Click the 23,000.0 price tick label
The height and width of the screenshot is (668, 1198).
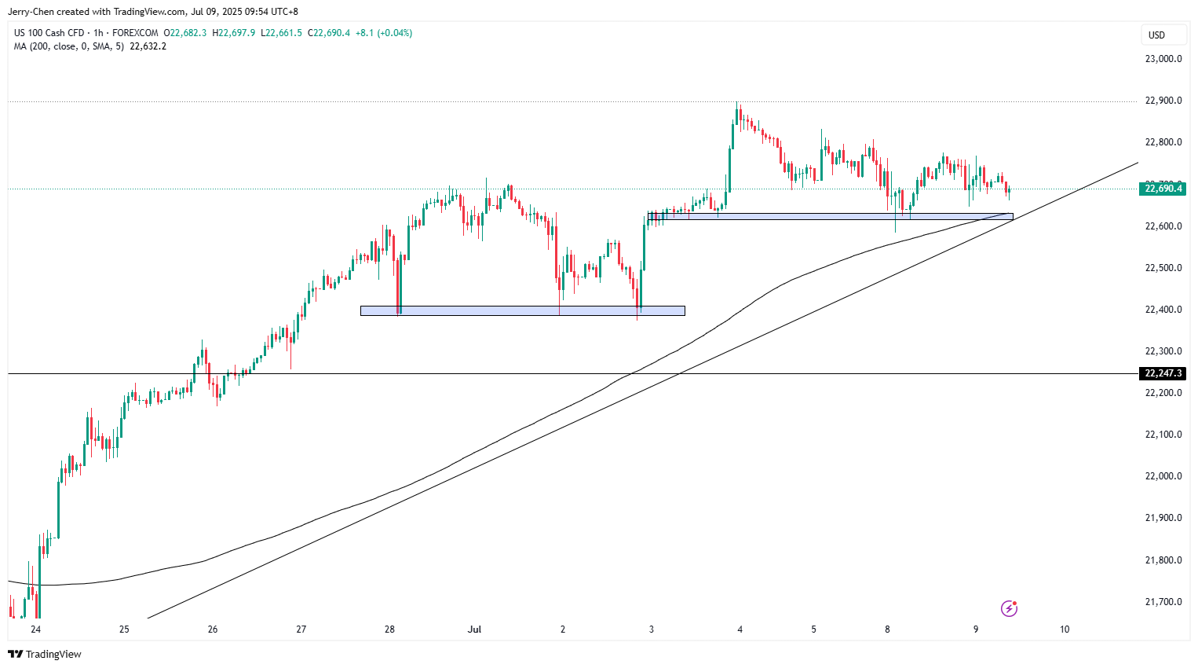click(1163, 59)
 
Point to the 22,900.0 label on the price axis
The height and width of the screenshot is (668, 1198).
click(1163, 101)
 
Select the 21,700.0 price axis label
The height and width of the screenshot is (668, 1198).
click(1163, 602)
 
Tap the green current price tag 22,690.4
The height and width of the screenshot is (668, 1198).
click(1163, 189)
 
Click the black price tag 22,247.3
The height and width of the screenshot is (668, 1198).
click(1163, 373)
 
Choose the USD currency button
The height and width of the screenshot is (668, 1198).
click(1156, 35)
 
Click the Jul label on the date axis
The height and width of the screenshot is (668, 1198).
click(474, 629)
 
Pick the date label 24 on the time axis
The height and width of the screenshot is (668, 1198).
click(35, 629)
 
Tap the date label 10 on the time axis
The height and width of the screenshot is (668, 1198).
click(1065, 629)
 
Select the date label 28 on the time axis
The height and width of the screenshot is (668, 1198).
click(389, 629)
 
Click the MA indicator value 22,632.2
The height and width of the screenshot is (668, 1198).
click(148, 46)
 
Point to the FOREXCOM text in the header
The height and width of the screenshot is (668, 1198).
click(135, 33)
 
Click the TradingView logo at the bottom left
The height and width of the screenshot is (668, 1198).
click(45, 654)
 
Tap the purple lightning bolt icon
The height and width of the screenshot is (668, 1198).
click(1010, 608)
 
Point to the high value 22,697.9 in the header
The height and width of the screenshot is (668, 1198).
click(236, 33)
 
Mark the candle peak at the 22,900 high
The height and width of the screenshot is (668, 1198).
click(737, 104)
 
